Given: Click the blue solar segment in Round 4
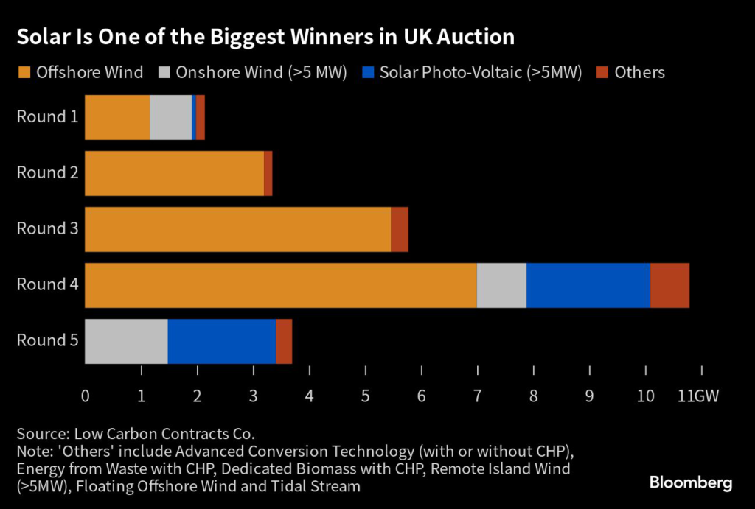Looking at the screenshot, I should coord(588,285).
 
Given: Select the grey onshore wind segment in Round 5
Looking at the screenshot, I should coord(126,341).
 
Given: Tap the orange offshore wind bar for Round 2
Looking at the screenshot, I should coord(174,173).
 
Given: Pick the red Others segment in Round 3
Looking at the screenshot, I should coord(399,229).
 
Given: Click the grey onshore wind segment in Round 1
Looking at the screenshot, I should coord(170,117).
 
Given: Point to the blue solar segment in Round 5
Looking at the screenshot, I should coord(221,341).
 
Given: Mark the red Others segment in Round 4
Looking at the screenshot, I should coord(669,285).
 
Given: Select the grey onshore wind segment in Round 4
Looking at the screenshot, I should coord(501,285).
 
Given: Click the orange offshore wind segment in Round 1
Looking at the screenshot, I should coord(117,117).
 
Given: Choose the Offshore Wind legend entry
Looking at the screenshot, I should coord(81,72).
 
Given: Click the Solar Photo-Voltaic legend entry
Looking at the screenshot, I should coord(473,72).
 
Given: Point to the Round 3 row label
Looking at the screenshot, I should coord(47,229).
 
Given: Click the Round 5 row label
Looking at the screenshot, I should coord(47,341).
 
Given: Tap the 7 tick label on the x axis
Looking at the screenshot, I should coord(477,396).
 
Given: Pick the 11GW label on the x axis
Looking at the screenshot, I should coord(697,396).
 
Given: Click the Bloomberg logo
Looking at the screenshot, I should coord(690,483).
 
